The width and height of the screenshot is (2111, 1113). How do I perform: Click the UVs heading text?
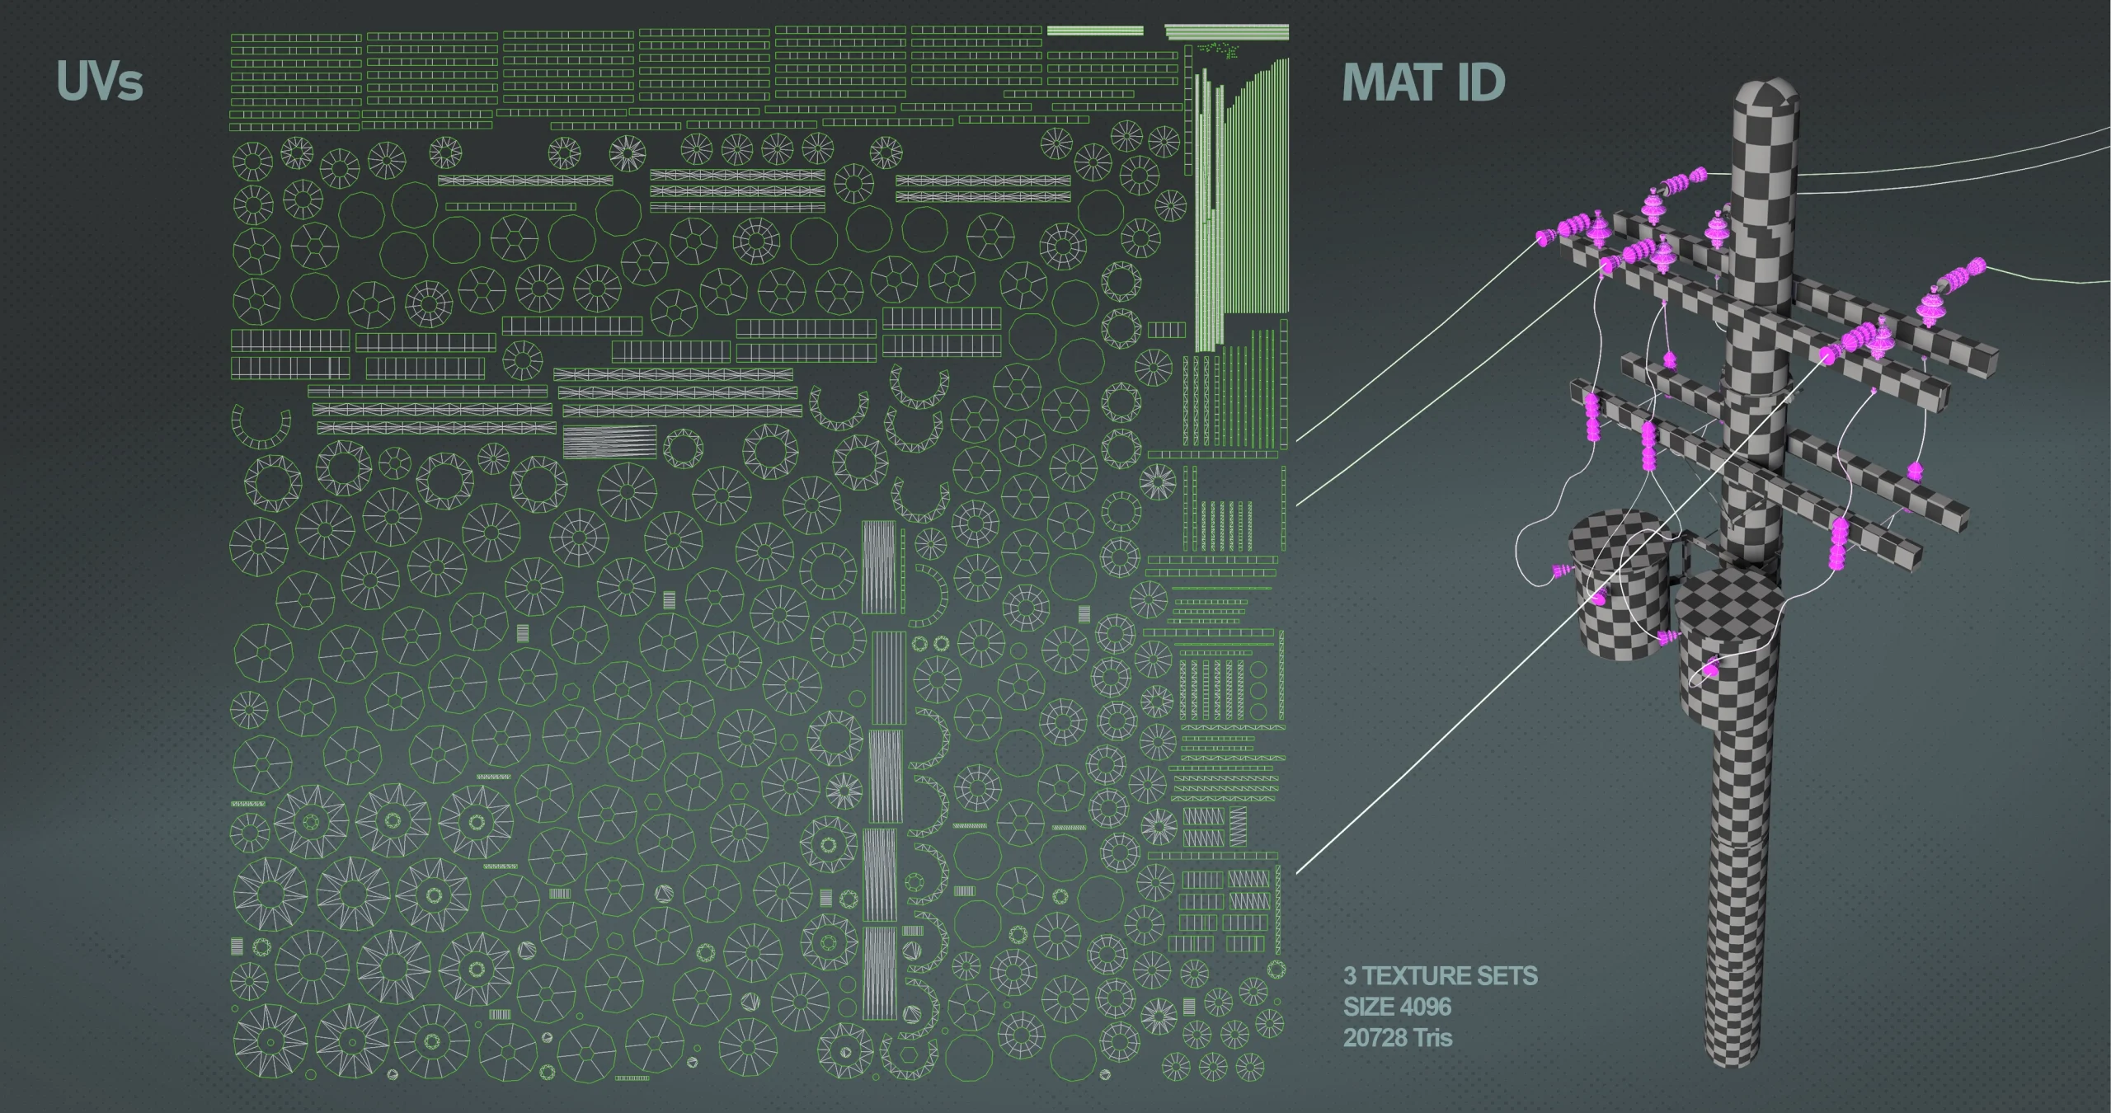pos(100,82)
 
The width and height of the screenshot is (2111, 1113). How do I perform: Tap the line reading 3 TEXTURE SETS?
pos(1440,976)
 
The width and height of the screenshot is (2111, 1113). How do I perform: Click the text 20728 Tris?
pos(1397,1037)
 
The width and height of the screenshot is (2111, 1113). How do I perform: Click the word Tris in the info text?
pos(1432,1037)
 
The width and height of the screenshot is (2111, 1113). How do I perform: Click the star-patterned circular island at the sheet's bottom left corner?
pos(270,1040)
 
